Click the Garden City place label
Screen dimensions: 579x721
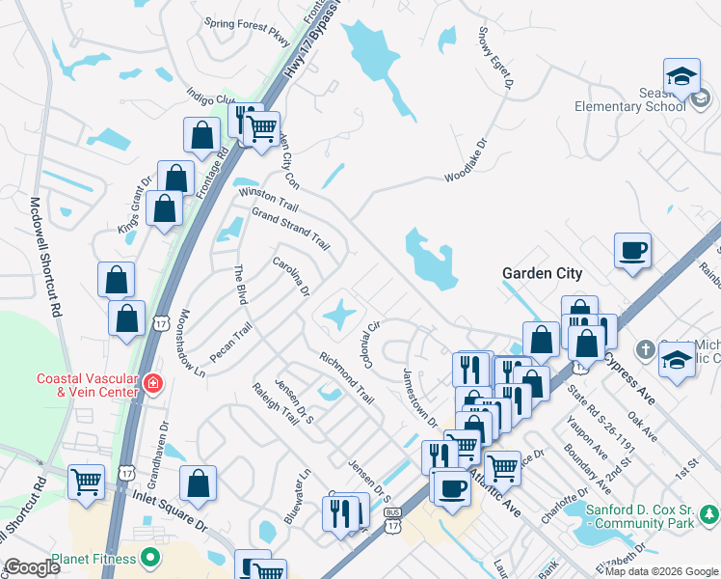click(x=542, y=273)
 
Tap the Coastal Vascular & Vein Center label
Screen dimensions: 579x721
click(x=87, y=385)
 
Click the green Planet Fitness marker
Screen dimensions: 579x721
click(x=150, y=557)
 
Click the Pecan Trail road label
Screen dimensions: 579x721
click(x=230, y=343)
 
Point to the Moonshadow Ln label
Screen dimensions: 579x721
click(x=192, y=343)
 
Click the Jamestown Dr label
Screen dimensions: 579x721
click(x=420, y=398)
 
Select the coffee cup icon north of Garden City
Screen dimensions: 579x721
click(x=632, y=251)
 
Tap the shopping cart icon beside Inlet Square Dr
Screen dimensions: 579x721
click(x=87, y=481)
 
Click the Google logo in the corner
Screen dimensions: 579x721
click(x=32, y=567)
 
